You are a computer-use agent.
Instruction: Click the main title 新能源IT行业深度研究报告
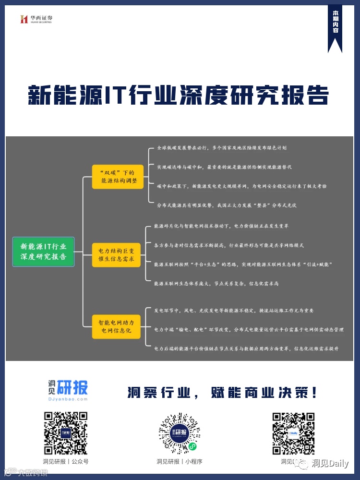click(x=178, y=95)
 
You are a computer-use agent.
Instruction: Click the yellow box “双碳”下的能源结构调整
click(x=118, y=176)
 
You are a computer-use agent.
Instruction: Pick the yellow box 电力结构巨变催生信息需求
click(x=117, y=255)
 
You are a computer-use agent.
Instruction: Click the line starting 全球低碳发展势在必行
click(x=224, y=148)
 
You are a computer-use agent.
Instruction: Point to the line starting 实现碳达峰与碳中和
click(x=224, y=167)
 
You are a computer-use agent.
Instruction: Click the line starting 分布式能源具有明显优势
click(x=227, y=205)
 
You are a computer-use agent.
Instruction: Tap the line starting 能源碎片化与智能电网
click(x=228, y=226)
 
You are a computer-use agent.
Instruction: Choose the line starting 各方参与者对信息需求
click(x=228, y=245)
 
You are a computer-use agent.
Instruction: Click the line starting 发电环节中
click(x=233, y=311)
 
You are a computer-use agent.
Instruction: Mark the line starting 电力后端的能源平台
click(x=246, y=348)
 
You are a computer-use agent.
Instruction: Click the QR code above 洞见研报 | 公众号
click(x=66, y=433)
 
